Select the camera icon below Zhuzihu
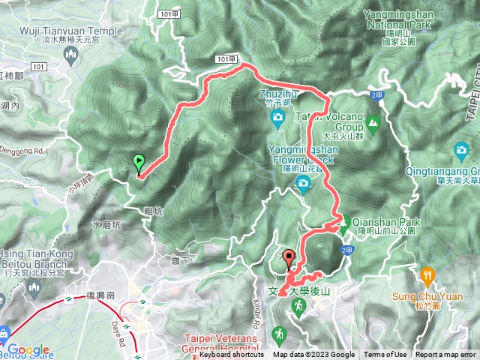click(277, 118)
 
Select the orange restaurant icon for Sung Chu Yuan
click(427, 275)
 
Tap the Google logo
click(28, 349)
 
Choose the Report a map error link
click(445, 355)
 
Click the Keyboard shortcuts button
click(232, 355)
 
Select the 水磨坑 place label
click(104, 223)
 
